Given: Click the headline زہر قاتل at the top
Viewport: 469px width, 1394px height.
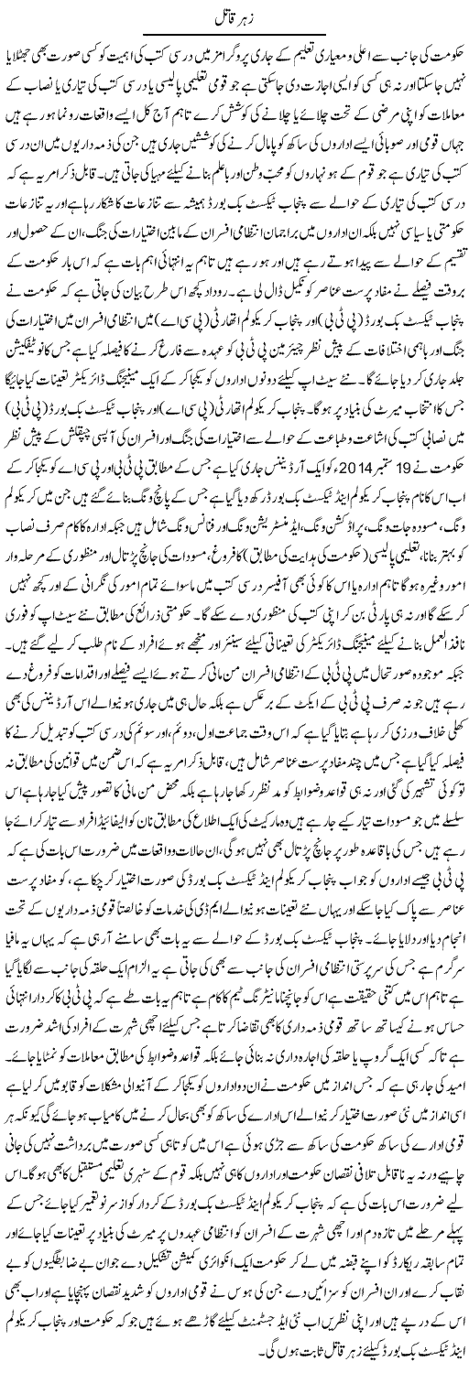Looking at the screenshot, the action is pyautogui.click(x=234, y=16).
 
